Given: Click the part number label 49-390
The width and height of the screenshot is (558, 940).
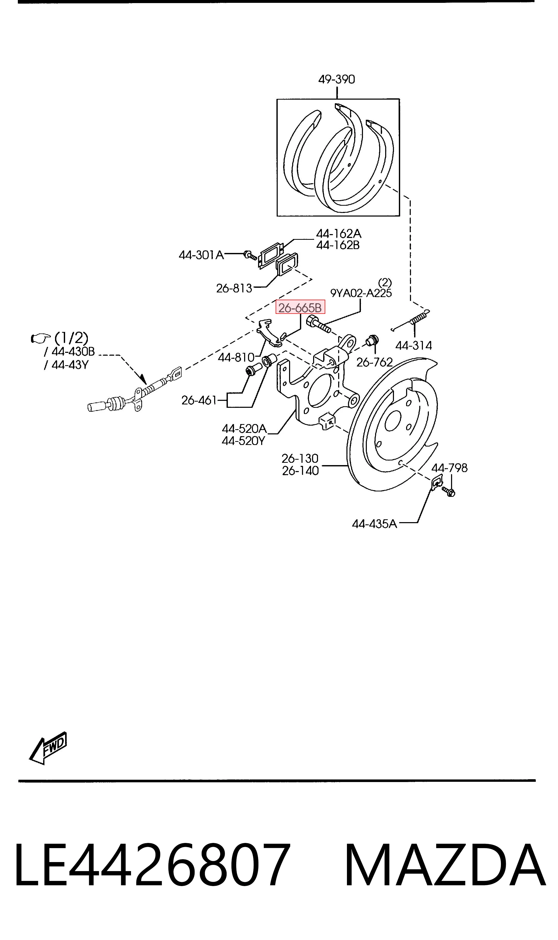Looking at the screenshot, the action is (337, 79).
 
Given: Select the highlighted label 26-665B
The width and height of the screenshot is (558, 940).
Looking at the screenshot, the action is (300, 308).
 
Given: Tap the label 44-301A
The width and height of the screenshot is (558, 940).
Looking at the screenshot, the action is (201, 255).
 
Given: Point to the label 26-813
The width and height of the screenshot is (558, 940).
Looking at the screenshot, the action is (234, 288).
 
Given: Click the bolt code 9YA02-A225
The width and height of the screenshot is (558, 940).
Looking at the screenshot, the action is (361, 293).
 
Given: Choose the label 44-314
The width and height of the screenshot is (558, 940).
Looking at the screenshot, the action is (414, 346).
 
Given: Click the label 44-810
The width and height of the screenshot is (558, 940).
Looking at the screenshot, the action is (236, 357).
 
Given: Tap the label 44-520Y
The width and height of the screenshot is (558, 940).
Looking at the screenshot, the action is (243, 441).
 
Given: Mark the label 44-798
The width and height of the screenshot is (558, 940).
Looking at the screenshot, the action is (449, 468).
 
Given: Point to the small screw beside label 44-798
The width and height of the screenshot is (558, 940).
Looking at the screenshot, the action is (448, 491).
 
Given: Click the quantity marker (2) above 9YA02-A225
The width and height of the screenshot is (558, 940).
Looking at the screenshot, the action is (385, 282).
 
